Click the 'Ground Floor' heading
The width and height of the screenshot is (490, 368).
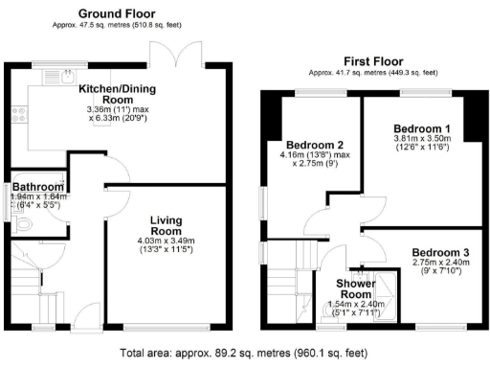(119, 13)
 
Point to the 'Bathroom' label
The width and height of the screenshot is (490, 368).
(36, 188)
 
